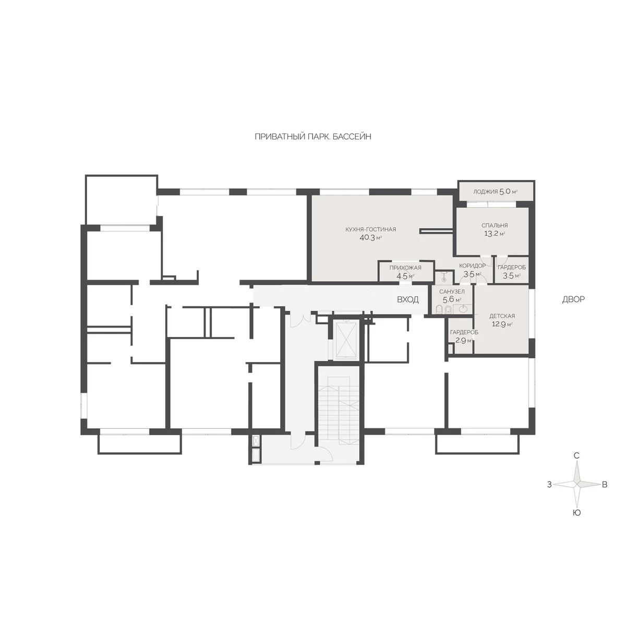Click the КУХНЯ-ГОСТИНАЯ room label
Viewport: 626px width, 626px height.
pos(370,230)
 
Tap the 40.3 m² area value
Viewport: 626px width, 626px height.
pos(370,237)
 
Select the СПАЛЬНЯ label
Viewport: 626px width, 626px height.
pos(495,225)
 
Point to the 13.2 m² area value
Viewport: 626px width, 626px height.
pos(495,233)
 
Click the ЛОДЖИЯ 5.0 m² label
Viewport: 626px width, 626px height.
pos(495,191)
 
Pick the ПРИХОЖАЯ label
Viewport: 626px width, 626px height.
pos(405,268)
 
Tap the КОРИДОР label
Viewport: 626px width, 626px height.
pos(472,266)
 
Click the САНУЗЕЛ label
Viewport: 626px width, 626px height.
pos(452,292)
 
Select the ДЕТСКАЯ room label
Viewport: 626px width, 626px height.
pos(502,316)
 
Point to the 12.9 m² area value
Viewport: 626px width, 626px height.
pos(502,324)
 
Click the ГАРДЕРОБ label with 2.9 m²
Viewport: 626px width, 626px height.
pos(464,332)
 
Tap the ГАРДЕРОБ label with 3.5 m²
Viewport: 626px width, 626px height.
pos(512,268)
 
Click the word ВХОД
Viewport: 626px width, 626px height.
pos(408,299)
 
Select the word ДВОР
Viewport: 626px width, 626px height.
pos(573,299)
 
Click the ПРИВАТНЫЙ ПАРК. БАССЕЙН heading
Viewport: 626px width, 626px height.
pos(313,137)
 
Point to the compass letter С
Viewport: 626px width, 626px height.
pos(576,456)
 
